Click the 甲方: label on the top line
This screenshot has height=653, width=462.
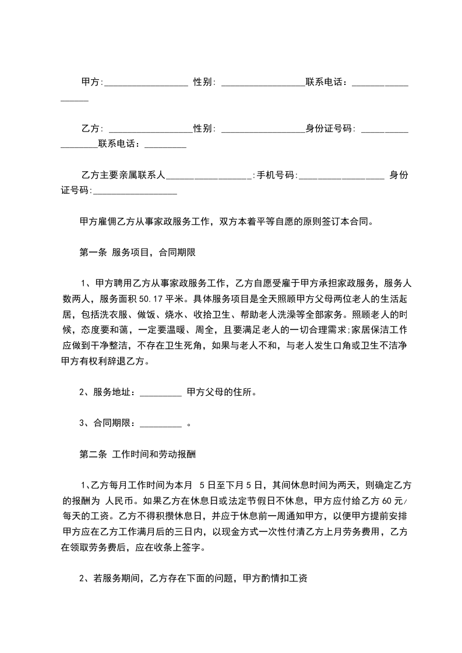click(x=91, y=82)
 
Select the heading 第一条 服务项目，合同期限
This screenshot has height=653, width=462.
click(x=140, y=253)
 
